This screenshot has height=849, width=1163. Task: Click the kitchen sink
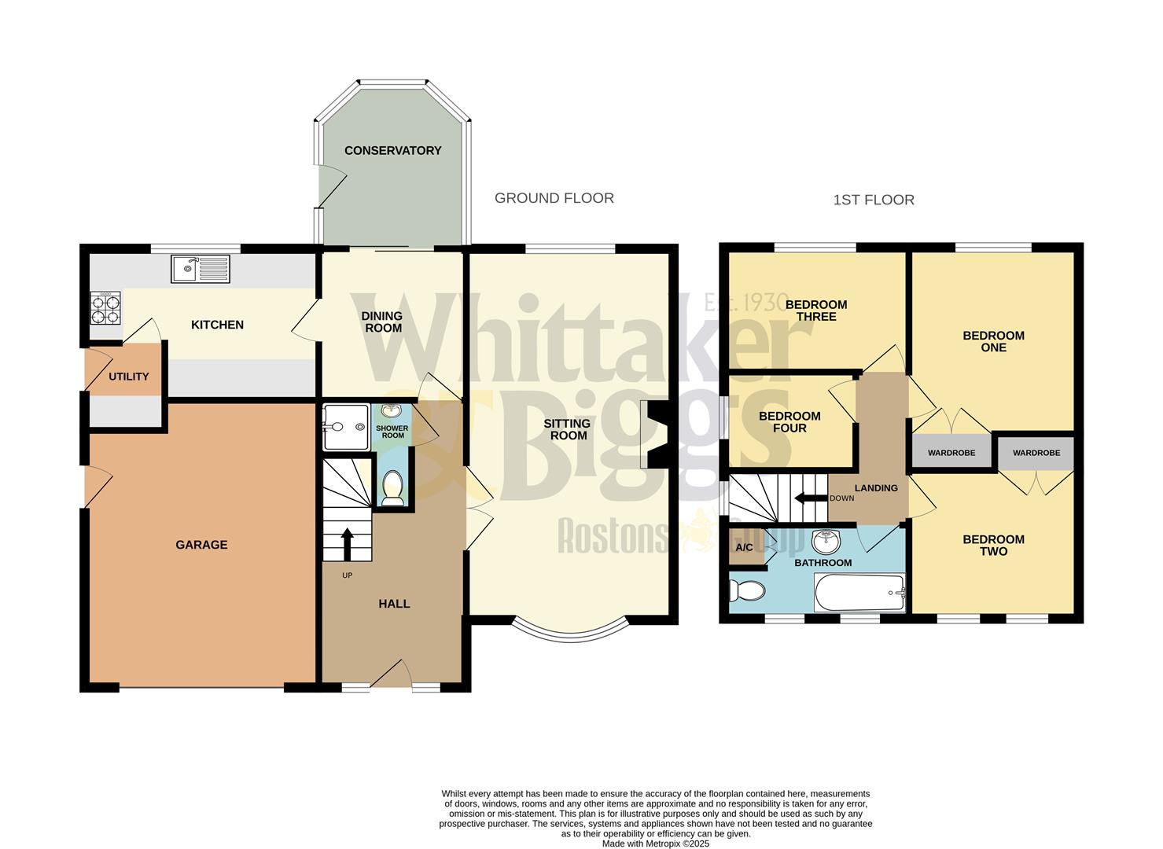[200, 269]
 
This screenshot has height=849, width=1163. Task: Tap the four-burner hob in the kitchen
[105, 307]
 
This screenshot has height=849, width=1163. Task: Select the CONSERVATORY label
[392, 150]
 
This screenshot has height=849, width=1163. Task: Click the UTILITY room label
[128, 377]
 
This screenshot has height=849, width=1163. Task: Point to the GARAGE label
[201, 544]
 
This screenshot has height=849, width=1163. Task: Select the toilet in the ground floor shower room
[392, 490]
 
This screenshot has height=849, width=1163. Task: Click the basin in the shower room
[392, 411]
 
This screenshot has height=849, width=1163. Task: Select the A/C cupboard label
[744, 547]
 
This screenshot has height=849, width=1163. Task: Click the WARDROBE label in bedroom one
[951, 453]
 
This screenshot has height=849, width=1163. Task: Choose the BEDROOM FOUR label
[789, 422]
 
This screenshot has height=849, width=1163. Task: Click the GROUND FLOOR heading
[554, 198]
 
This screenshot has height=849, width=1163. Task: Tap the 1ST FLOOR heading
[873, 200]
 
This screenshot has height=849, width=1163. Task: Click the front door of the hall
[391, 676]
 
